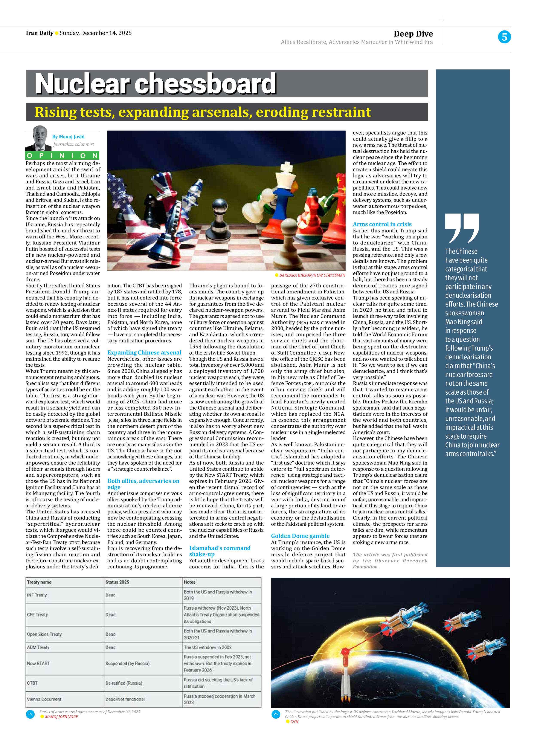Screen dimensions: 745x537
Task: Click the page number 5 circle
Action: [504, 37]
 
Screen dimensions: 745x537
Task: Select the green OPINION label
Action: [62, 156]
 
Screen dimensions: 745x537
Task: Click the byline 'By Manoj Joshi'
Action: [68, 137]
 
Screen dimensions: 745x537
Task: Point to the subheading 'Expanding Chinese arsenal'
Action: [144, 353]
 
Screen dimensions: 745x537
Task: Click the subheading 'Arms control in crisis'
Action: [382, 224]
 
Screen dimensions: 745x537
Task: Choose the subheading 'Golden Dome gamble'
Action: [300, 536]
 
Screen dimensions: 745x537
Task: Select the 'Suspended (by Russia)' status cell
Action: [127, 663]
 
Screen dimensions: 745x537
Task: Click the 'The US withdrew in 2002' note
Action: [207, 647]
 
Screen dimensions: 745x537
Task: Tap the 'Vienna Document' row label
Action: [44, 699]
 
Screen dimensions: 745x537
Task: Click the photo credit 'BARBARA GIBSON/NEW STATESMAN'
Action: [312, 275]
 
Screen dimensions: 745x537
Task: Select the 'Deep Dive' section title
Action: [413, 34]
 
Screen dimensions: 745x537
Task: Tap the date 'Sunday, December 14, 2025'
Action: [96, 33]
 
